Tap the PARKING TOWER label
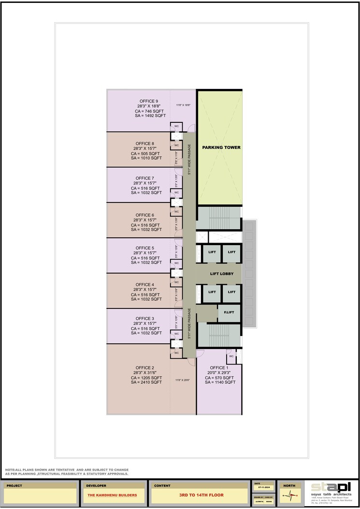[x=221, y=147]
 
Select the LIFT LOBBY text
[x=222, y=274]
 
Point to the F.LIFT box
[x=226, y=313]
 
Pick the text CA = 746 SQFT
[x=150, y=111]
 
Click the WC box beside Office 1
[x=231, y=356]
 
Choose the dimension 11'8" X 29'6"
[x=183, y=380]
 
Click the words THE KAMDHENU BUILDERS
[x=112, y=495]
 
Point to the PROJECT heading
[x=14, y=485]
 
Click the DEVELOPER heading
[x=96, y=485]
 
